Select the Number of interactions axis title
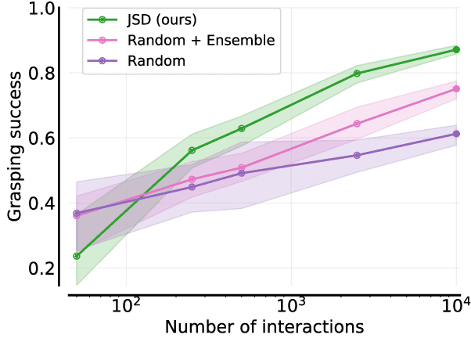click(264, 327)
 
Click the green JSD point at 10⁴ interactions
click(456, 49)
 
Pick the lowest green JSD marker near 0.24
click(76, 256)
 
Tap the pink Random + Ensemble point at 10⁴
click(456, 88)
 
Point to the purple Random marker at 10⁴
click(456, 134)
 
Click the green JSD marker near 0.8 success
click(357, 74)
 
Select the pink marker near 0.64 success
click(357, 124)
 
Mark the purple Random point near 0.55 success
click(357, 155)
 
